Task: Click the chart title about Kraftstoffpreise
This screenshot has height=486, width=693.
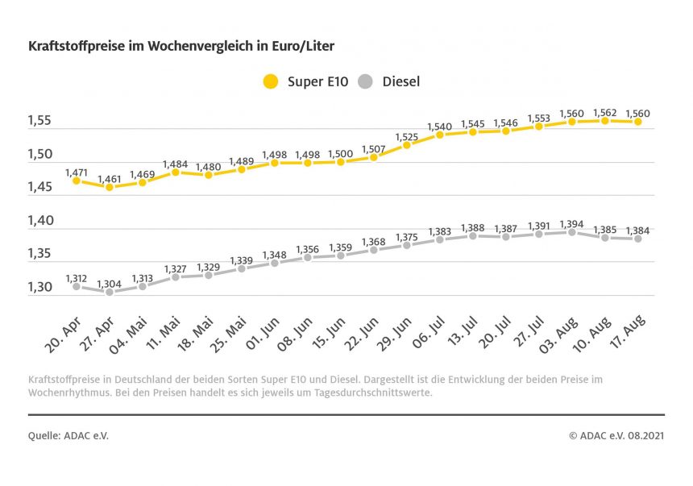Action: point(181,47)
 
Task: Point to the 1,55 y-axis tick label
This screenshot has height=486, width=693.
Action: point(39,121)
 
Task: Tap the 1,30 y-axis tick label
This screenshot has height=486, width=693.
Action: point(39,287)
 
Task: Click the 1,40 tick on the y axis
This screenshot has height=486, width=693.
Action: point(39,220)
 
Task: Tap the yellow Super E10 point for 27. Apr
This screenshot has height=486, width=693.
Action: point(109,187)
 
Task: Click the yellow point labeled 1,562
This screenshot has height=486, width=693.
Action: point(604,121)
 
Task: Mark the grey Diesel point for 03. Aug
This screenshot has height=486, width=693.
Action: point(571,232)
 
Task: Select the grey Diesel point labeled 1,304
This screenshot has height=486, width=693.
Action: point(109,292)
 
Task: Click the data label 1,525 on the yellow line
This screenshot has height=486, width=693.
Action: point(406,135)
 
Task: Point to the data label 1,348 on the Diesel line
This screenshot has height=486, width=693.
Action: point(275,254)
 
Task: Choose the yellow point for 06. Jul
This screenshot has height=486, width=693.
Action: point(439,135)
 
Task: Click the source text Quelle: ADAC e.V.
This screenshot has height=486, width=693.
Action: point(68,435)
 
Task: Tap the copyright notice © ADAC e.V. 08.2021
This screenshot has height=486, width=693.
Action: point(616,435)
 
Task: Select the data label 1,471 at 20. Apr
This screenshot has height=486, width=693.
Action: point(76,172)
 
